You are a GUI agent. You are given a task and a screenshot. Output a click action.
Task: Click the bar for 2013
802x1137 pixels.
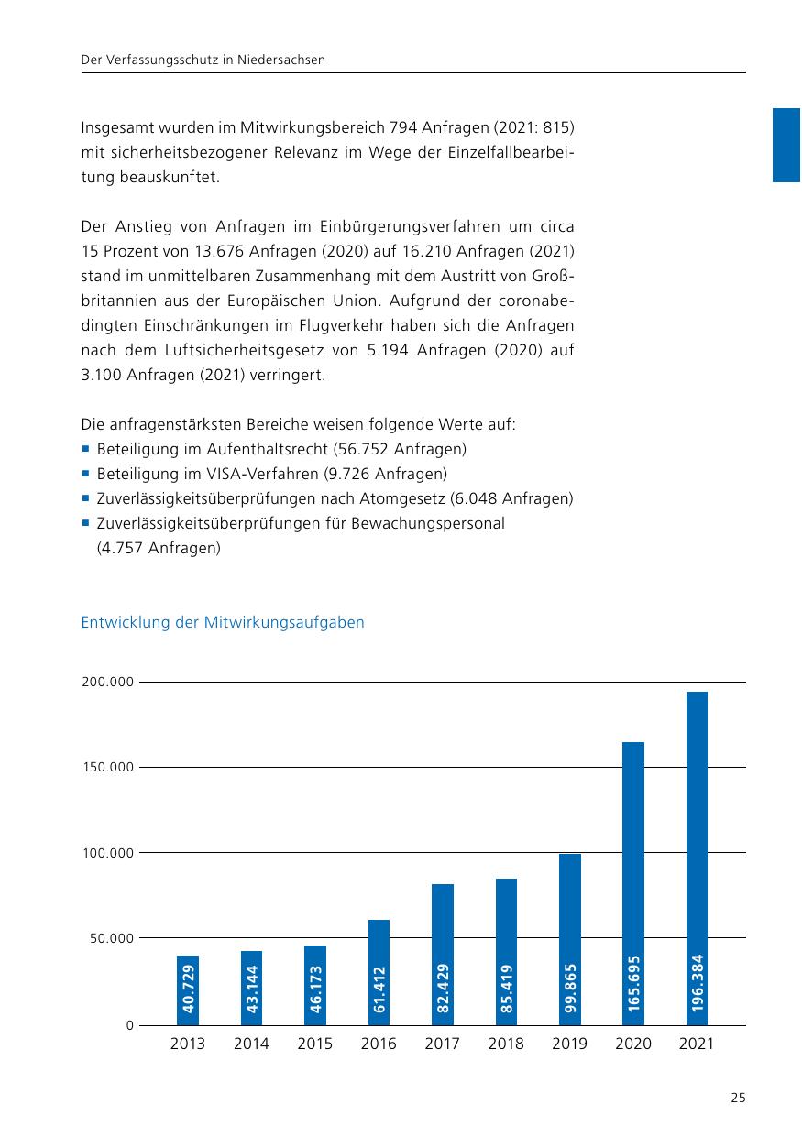[188, 989]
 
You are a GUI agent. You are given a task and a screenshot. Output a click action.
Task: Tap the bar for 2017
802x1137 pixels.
[443, 953]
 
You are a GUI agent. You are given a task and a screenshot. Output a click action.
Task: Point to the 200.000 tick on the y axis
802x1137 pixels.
[108, 683]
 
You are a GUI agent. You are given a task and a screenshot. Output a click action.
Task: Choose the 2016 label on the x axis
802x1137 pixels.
[379, 1044]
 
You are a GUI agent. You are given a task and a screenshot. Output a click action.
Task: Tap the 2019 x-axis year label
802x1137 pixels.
[569, 1044]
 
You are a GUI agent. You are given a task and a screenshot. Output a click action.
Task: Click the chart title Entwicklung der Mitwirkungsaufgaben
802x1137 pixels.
[223, 623]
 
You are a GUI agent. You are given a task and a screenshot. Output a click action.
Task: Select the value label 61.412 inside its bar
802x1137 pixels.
[379, 989]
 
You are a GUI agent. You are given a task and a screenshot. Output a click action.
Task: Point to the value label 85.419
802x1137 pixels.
[507, 988]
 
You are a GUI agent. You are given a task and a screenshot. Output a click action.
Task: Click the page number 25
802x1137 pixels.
[738, 1098]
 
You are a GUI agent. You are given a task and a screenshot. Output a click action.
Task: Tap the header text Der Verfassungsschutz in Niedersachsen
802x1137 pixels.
[203, 60]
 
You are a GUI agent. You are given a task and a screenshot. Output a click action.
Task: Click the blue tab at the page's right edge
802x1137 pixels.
[786, 145]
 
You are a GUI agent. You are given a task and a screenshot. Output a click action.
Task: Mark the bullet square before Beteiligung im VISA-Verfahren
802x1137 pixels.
[85, 474]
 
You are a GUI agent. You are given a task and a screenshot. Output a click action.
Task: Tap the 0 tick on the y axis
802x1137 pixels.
[130, 1025]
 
